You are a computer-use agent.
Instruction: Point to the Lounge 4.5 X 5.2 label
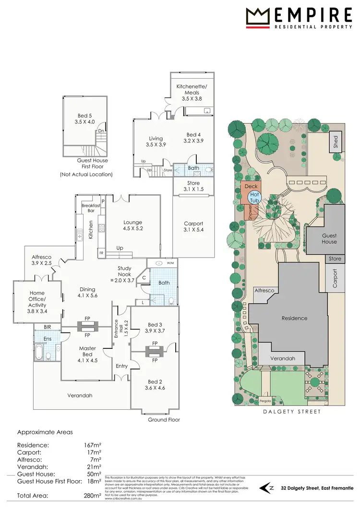(x=133, y=225)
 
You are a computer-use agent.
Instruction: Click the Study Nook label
(x=125, y=272)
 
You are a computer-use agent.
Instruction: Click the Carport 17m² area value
(x=94, y=452)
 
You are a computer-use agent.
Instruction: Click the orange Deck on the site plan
(x=251, y=187)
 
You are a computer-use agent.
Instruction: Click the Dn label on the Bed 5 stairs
(x=101, y=130)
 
